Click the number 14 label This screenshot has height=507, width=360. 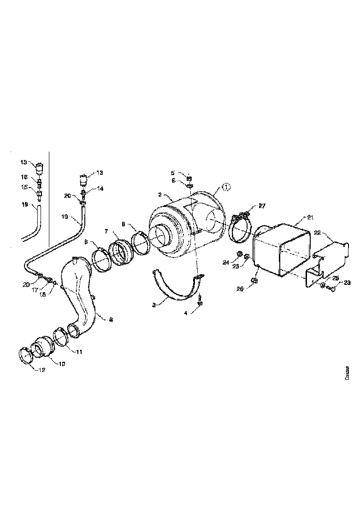tap(101, 189)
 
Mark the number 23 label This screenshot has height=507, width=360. tap(347, 283)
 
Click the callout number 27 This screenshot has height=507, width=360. tap(262, 206)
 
